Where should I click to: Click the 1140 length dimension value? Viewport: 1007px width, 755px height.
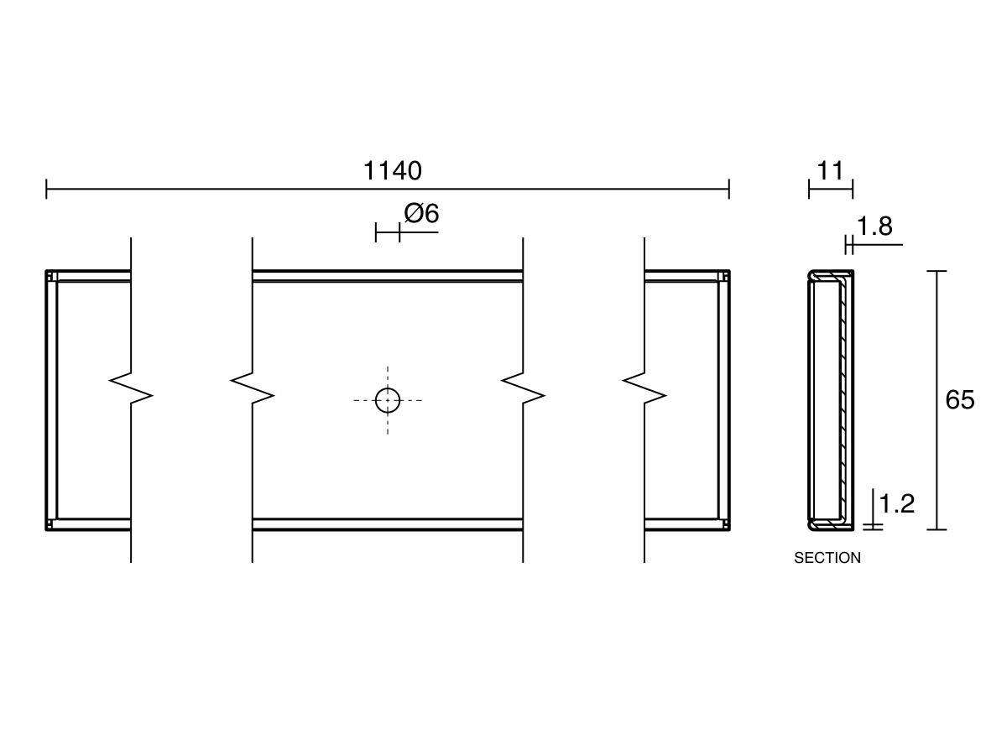click(x=392, y=171)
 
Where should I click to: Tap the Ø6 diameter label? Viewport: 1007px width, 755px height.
click(x=421, y=214)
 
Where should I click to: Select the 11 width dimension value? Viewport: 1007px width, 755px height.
click(x=830, y=171)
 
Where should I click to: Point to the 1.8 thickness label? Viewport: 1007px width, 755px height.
click(x=874, y=226)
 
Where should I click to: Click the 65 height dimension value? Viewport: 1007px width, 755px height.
click(x=959, y=400)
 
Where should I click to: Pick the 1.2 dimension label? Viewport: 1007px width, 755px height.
click(x=896, y=504)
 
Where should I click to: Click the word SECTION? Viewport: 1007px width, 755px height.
click(x=827, y=558)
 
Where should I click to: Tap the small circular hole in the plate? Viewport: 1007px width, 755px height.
click(x=388, y=400)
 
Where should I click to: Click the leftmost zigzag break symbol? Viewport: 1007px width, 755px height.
click(x=131, y=388)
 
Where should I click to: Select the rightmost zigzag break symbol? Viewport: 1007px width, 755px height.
click(x=644, y=388)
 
